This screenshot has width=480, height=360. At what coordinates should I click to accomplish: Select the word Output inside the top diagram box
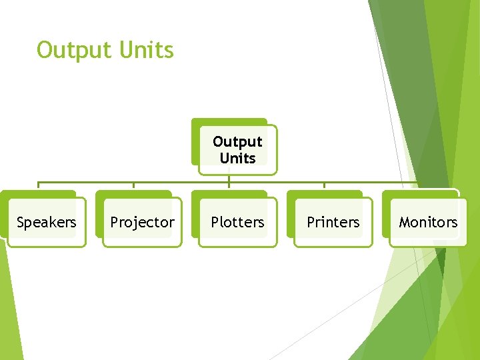(237, 142)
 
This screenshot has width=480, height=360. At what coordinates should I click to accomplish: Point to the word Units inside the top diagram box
(237, 159)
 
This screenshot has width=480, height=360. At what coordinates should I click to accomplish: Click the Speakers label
(47, 223)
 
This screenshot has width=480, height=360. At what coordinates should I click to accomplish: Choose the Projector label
(142, 223)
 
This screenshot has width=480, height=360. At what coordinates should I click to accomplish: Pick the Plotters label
(237, 223)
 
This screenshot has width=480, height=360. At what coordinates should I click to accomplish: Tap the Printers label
(333, 223)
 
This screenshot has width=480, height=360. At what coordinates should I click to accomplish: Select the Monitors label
(428, 223)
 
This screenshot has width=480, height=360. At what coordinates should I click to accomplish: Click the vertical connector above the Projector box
(133, 187)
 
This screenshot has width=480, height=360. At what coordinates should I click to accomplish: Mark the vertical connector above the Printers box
(324, 187)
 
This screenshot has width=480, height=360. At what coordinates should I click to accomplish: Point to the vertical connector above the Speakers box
(38, 187)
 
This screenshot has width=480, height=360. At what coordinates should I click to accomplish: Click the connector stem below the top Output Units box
(229, 178)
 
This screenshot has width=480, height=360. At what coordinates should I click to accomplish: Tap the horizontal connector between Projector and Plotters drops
(180, 182)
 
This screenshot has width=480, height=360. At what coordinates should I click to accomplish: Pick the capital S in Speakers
(20, 223)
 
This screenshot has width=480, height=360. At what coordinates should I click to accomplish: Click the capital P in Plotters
(215, 223)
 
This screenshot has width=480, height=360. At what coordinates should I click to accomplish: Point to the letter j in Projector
(132, 223)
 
